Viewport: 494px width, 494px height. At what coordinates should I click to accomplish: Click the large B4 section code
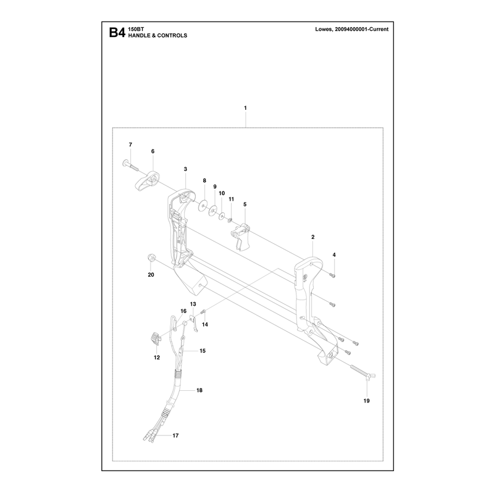[x=117, y=33]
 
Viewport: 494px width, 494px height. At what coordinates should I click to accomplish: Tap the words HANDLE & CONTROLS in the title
[x=157, y=36]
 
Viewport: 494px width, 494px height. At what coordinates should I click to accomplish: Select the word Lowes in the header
[x=324, y=29]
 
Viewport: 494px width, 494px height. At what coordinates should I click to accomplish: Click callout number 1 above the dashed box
[x=245, y=108]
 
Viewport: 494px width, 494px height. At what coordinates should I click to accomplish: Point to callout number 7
[x=130, y=145]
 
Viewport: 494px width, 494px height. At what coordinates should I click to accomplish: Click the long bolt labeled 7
[x=130, y=165]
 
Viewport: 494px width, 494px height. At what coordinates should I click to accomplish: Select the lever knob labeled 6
[x=147, y=180]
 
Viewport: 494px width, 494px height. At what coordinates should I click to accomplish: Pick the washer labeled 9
[x=213, y=211]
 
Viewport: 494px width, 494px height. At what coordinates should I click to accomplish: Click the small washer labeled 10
[x=222, y=216]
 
